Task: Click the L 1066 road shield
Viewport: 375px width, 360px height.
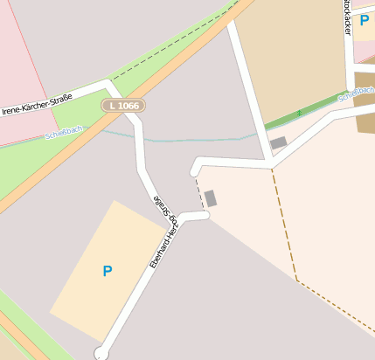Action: (122, 106)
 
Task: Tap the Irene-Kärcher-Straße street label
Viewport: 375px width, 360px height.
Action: (37, 104)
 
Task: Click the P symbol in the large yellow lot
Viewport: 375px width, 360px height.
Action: (108, 271)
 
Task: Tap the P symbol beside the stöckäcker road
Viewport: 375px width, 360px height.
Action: (365, 20)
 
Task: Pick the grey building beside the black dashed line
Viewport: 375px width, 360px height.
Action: (211, 198)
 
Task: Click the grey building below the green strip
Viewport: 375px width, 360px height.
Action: (278, 142)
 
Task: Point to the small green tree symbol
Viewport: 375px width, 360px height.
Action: (298, 113)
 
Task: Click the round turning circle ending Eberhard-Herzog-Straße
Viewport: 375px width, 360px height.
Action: (101, 353)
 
